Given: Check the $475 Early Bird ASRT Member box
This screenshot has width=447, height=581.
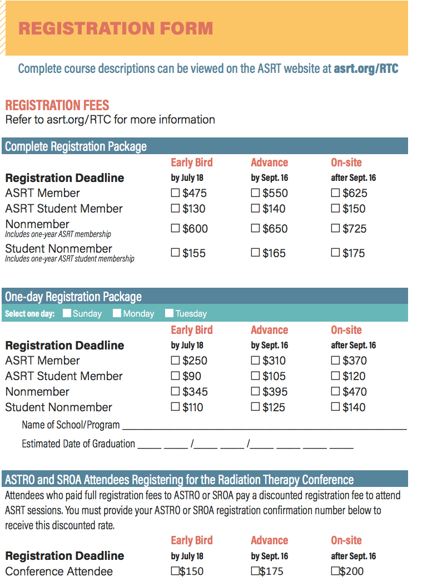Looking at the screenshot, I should [176, 193].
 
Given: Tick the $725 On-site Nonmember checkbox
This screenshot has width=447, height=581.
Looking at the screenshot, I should [335, 228].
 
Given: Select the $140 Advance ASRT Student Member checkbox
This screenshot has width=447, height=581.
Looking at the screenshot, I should [256, 209].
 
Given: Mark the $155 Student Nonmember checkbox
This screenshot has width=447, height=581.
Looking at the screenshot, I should [176, 253].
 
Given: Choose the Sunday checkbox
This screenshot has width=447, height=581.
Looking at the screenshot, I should [67, 313].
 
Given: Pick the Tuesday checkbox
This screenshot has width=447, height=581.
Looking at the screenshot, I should [170, 313].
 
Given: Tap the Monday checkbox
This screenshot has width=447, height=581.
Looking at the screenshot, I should [117, 313].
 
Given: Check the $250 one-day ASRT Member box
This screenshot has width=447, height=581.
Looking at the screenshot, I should [176, 361].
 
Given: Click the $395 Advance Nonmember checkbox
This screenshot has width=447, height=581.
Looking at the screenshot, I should [256, 392].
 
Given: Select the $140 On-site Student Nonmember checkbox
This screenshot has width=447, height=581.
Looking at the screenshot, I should [335, 407].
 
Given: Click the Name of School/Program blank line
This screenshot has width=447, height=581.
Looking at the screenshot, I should [264, 426].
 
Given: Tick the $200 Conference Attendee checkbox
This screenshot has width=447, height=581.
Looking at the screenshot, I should [335, 571].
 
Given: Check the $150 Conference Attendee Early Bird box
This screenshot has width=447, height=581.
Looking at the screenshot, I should [175, 571].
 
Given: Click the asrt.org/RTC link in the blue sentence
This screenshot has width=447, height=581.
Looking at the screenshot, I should [366, 69].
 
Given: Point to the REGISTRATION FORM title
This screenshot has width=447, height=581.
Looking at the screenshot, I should [116, 28].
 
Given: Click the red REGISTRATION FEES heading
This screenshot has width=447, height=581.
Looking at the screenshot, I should [57, 105].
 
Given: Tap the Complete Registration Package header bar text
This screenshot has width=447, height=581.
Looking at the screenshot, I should [76, 147].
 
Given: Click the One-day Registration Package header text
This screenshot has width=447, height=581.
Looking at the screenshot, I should [73, 297].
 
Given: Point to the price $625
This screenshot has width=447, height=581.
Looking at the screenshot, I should [355, 193].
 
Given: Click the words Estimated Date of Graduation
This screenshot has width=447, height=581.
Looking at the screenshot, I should [78, 444].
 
